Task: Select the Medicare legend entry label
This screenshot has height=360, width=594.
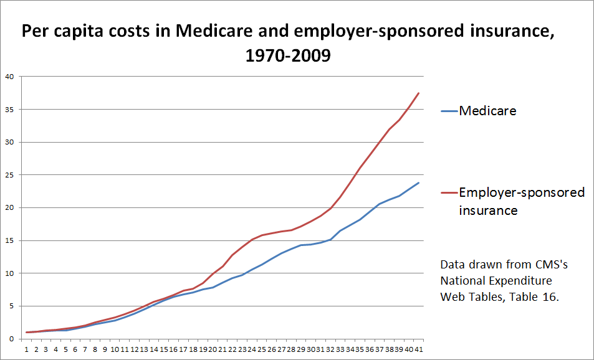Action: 488,111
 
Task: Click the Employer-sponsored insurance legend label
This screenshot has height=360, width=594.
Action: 522,201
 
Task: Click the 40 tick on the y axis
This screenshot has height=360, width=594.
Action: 9,77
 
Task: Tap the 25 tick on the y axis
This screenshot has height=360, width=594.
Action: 9,175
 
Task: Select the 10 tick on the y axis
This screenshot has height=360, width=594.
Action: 9,273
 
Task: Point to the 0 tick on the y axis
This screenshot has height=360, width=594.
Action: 11,339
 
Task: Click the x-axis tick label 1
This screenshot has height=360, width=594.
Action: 27,349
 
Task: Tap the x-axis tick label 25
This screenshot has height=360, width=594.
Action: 262,349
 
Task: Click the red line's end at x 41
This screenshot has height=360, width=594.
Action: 418,93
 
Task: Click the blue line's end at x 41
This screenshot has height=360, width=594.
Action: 418,183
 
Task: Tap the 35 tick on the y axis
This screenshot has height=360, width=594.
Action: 9,110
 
